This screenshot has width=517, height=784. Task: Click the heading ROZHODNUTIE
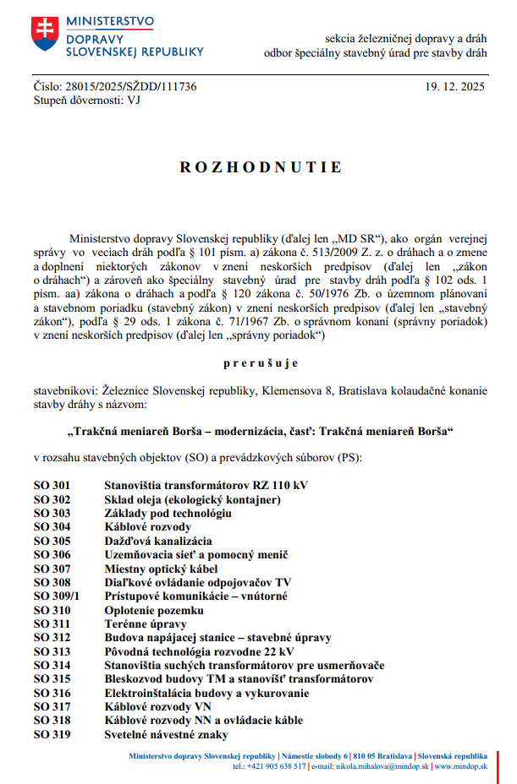pos(261,167)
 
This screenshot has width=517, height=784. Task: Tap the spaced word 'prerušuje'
pos(261,363)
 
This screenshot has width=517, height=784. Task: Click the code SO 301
pos(52,486)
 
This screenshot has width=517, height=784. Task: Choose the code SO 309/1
pos(57,596)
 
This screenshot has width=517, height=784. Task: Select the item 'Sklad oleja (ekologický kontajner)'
pos(192,500)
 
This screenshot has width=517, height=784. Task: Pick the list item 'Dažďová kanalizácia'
pos(158,541)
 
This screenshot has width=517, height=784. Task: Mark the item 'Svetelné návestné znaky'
pos(166,734)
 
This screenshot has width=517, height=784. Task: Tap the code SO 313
pos(52,651)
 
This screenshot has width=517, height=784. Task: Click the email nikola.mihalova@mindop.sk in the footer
pos(371,766)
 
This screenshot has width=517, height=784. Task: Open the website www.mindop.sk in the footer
pos(462,766)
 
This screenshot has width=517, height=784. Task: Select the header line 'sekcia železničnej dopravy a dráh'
pos(406,39)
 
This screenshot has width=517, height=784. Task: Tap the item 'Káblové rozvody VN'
pos(157,706)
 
